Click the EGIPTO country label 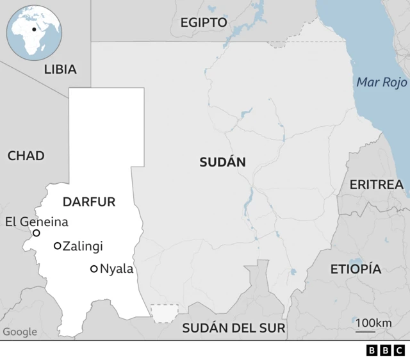[x=203, y=22]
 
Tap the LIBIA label [x=60, y=69]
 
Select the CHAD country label [x=26, y=156]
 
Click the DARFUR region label [x=89, y=202]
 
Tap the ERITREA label [x=376, y=185]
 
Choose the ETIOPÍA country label [x=356, y=269]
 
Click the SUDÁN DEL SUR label [x=234, y=329]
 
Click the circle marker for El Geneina [x=37, y=233]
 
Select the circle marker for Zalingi [x=58, y=245]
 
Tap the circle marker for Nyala [x=94, y=269]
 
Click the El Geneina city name [x=36, y=222]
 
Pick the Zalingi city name [x=83, y=245]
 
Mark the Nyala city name [x=117, y=269]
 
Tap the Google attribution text [x=20, y=332]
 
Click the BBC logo [x=386, y=350]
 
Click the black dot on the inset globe [x=33, y=29]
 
